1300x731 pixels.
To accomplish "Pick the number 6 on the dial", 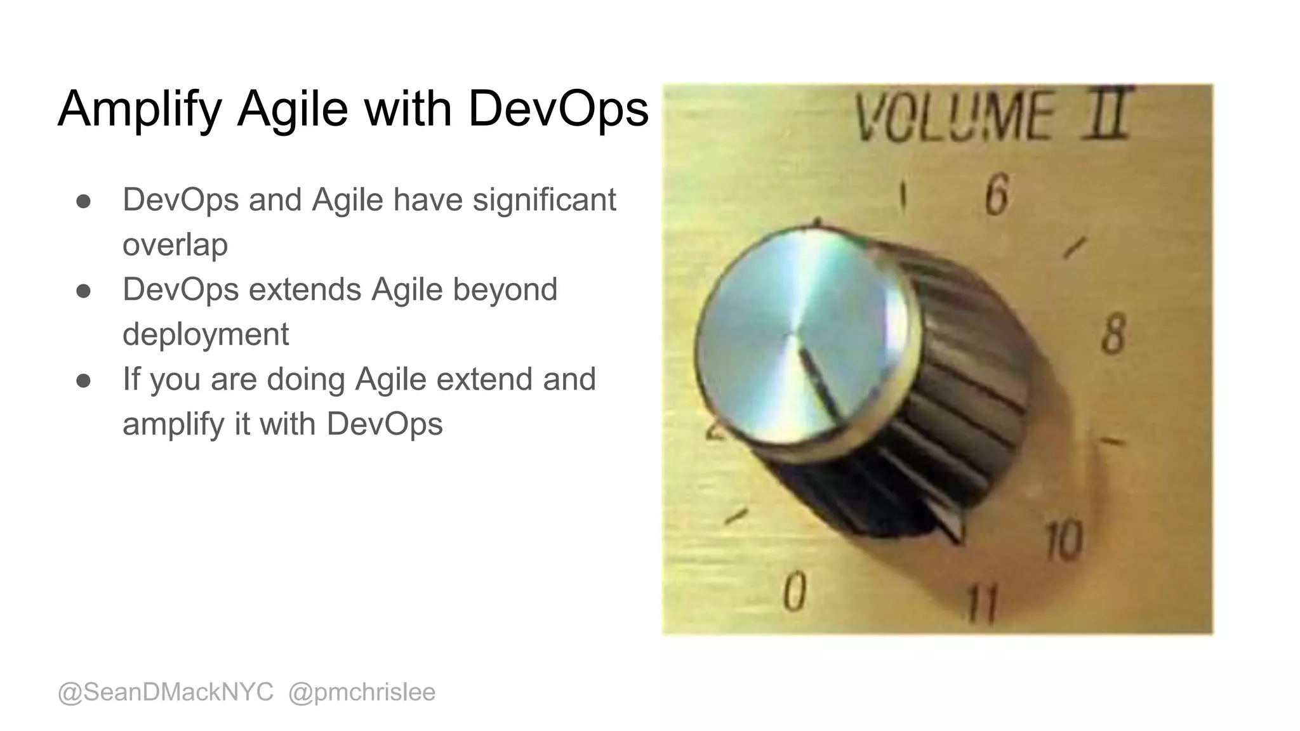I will point(997,196).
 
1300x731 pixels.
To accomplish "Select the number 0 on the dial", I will point(794,591).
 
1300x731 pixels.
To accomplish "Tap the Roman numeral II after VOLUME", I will point(1108,114).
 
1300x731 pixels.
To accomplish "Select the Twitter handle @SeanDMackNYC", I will point(166,692).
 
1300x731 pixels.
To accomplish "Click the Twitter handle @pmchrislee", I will point(362,692).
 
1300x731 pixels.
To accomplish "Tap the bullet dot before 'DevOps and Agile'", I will point(83,201).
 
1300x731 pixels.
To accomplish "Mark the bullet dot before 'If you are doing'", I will point(83,381).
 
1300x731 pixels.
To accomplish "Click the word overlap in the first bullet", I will point(175,245).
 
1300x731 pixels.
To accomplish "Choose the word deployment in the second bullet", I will point(206,334).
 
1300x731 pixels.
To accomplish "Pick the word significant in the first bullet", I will point(544,200).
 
